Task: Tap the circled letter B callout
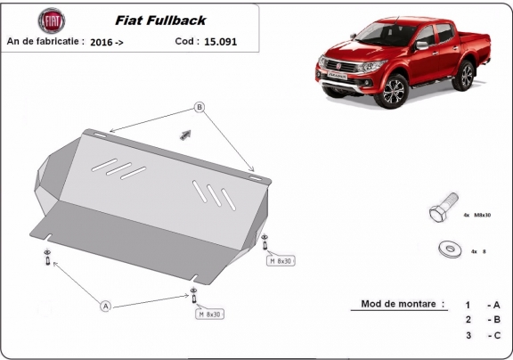(x=199, y=108)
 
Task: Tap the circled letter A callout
(x=106, y=306)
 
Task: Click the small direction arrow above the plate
(x=185, y=134)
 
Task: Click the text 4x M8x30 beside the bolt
(x=476, y=215)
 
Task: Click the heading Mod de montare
(x=403, y=304)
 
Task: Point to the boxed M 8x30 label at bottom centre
(x=209, y=315)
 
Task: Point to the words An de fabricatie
(x=45, y=41)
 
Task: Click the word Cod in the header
(x=184, y=41)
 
